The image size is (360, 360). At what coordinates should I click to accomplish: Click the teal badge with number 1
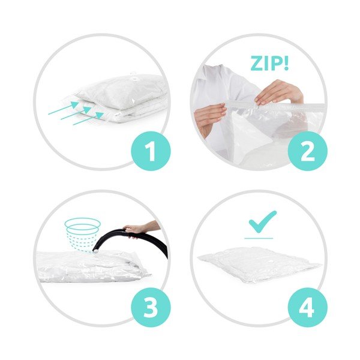(151, 151)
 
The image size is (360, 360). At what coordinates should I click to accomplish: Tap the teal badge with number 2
(308, 151)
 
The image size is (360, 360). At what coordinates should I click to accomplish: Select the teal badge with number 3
(151, 307)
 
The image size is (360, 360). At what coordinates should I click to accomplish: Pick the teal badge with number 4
(308, 307)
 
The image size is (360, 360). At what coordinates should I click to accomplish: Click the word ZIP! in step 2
(269, 63)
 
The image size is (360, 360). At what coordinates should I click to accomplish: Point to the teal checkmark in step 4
(263, 221)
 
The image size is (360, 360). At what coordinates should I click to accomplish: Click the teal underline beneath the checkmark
(259, 238)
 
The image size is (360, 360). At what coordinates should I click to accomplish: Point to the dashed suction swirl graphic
(83, 234)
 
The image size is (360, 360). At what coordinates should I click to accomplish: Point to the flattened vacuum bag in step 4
(259, 264)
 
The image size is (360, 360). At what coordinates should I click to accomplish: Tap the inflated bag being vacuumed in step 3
(92, 266)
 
